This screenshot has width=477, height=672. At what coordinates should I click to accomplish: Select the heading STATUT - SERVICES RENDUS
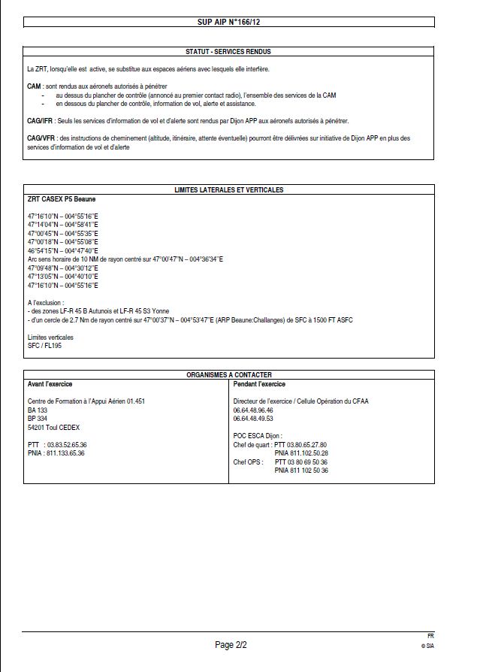228,52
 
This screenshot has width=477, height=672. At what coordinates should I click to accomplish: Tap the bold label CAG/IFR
38,120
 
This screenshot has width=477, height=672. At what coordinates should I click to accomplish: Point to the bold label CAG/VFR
38,138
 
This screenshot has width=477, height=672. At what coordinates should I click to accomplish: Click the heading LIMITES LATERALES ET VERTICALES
228,190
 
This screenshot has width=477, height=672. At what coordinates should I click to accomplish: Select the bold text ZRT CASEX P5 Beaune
62,199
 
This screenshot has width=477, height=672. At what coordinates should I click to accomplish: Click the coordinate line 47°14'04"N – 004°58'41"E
63,225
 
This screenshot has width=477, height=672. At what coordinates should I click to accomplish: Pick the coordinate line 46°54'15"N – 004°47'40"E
63,250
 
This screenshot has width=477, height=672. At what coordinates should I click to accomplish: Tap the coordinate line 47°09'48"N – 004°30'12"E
63,268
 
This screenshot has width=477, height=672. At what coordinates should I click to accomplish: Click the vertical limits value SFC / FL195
44,346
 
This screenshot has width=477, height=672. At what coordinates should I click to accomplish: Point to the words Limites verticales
50,338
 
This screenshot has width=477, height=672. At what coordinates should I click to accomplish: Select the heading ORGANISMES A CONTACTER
228,374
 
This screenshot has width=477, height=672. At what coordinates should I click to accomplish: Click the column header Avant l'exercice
53,383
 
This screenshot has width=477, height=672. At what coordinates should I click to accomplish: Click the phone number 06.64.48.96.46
253,410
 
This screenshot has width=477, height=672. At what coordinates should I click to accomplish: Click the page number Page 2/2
231,645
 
